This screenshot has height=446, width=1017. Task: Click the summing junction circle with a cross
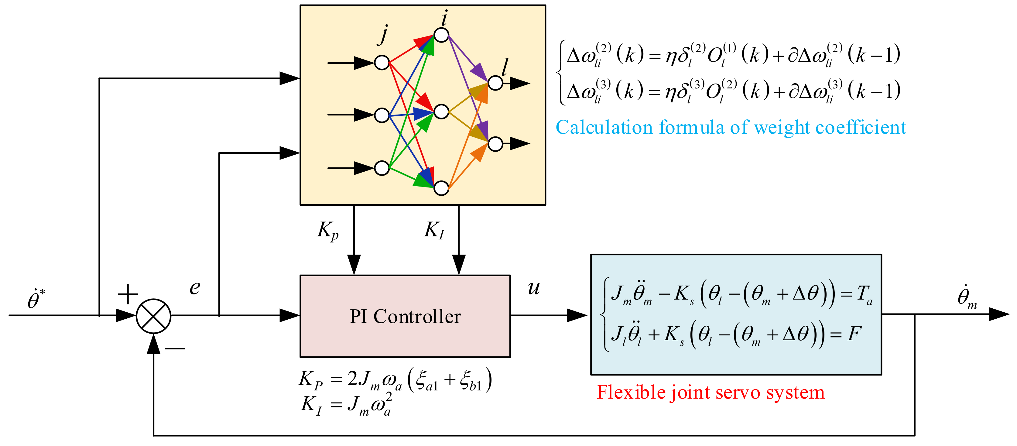[154, 316]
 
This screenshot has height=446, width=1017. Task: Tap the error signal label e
[195, 288]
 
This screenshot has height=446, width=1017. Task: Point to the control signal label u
[533, 288]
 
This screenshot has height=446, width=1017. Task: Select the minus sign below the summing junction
[174, 348]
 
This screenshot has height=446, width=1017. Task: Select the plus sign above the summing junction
[128, 294]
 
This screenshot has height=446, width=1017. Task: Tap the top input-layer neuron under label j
[382, 62]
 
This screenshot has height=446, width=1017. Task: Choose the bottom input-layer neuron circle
[382, 168]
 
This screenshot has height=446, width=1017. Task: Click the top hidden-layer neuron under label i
[441, 35]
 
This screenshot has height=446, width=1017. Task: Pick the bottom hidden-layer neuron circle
[441, 188]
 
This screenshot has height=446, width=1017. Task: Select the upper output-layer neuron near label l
[495, 83]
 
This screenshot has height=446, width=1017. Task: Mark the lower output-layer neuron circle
[495, 144]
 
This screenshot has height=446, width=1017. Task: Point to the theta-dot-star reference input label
[36, 299]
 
